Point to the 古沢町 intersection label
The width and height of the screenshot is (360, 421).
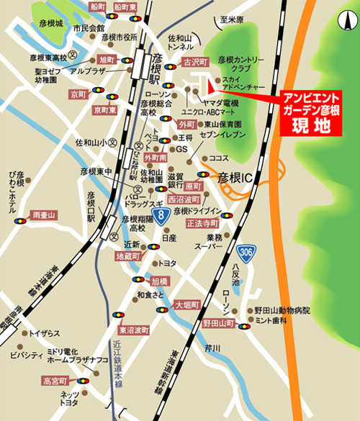(x=194, y=62)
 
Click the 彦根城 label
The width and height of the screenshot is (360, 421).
(x=51, y=24)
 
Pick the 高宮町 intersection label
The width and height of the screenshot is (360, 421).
(x=54, y=380)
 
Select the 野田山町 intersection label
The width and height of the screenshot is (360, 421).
(x=219, y=324)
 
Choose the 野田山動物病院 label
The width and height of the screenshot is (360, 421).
(x=282, y=309)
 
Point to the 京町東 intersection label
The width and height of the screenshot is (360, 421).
(x=104, y=110)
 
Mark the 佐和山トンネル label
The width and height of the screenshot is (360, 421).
(x=181, y=41)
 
